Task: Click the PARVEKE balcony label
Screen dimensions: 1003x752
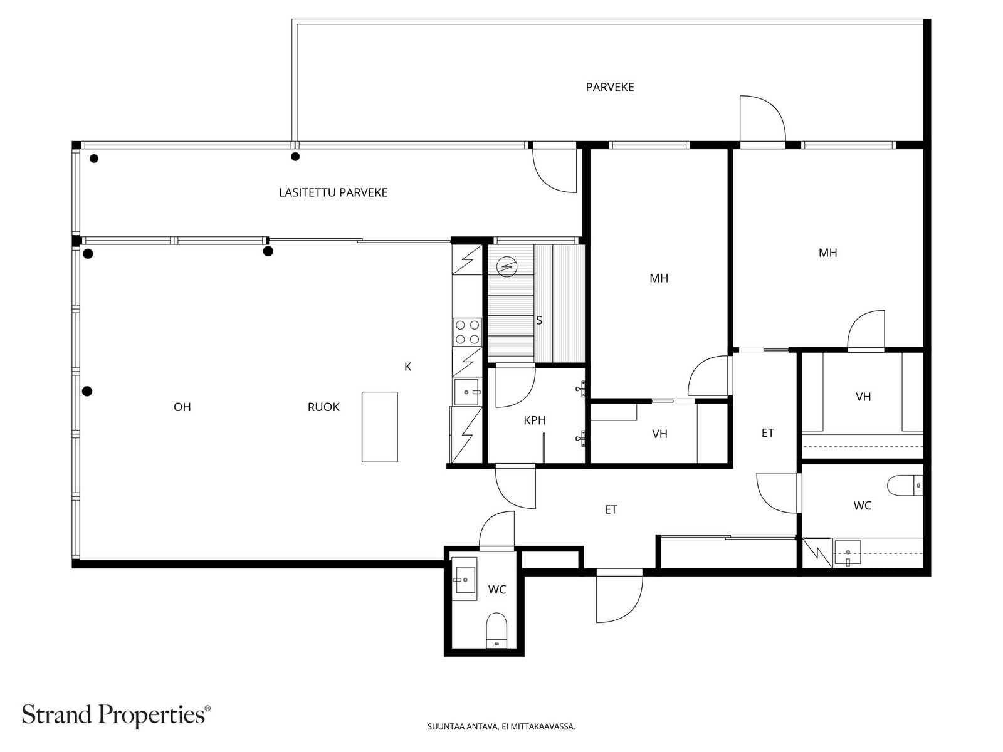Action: pos(609,87)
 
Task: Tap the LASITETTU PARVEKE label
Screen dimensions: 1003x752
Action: pos(333,192)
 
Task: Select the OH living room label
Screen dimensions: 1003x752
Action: pos(182,407)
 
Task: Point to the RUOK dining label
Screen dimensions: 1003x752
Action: pos(323,407)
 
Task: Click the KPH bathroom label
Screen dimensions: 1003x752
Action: pos(535,420)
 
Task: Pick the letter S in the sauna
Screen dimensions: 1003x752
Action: pos(539,320)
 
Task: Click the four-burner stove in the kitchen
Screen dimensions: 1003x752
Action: pos(468,332)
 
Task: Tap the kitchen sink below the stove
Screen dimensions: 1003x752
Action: pos(466,392)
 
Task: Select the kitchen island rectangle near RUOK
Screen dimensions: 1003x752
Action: pos(380,427)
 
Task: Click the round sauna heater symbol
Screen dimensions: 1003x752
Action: pos(506,267)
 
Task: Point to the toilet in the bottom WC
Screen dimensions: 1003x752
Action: pos(496,630)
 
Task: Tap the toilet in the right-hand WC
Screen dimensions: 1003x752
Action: pos(905,485)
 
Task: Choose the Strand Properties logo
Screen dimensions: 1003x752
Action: pos(117,715)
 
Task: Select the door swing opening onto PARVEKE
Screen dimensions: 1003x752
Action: pos(763,118)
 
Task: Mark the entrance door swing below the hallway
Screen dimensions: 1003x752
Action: pos(619,595)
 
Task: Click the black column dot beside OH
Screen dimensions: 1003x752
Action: pos(87,391)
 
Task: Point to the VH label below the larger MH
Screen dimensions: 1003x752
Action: pos(659,434)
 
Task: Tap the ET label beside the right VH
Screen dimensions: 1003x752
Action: pos(768,433)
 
